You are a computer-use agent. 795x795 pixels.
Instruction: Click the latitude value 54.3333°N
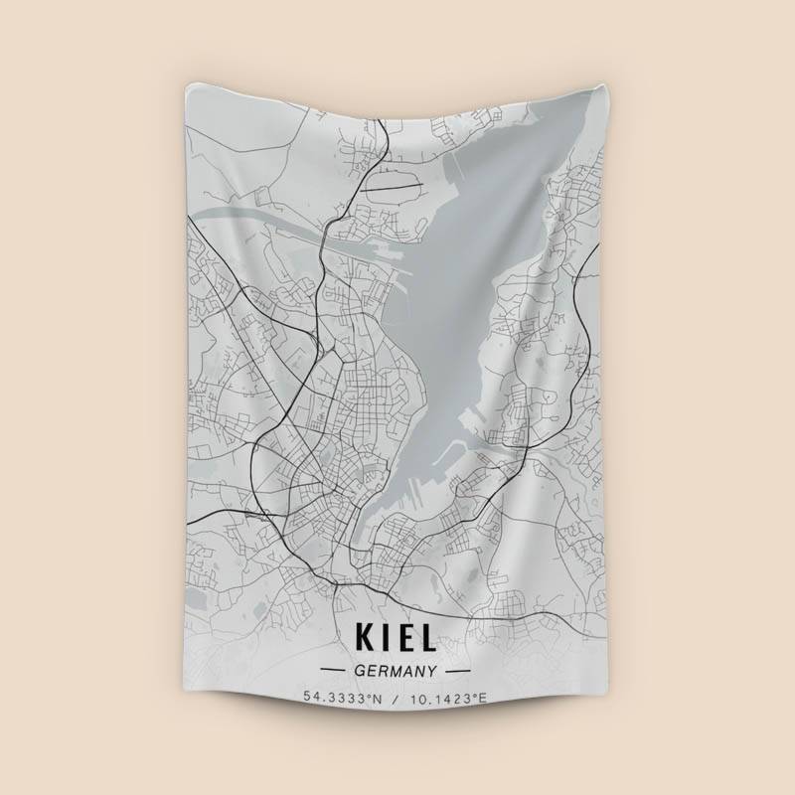pyautogui.click(x=343, y=699)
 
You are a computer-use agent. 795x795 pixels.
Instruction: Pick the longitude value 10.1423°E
pyautogui.click(x=448, y=699)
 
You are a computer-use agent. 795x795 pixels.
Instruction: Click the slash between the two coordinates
pyautogui.click(x=395, y=699)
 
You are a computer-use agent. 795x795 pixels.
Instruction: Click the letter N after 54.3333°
pyautogui.click(x=378, y=699)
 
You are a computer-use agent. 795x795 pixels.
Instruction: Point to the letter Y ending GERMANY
pyautogui.click(x=432, y=671)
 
